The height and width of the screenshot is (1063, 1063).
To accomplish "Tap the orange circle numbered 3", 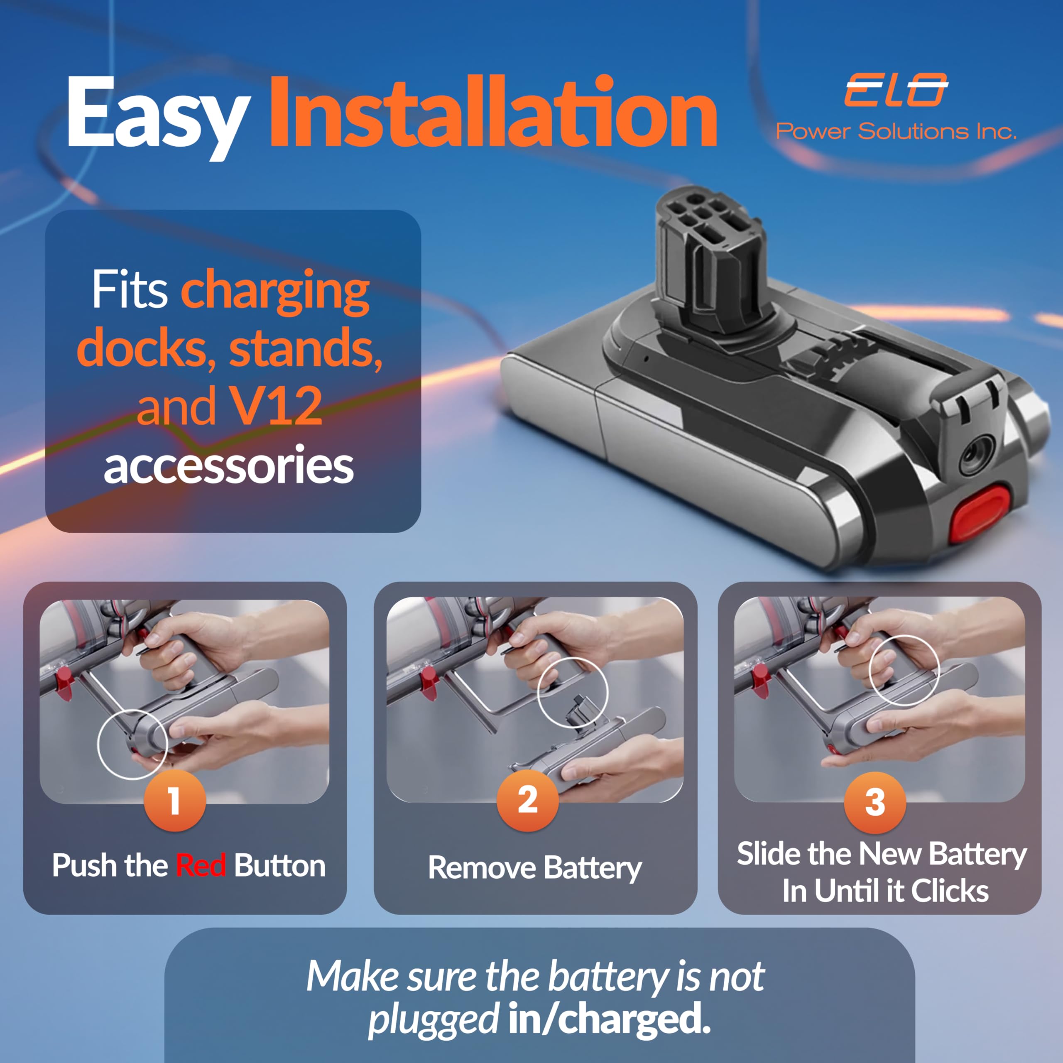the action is (875, 802).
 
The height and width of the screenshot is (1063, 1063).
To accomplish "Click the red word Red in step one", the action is (200, 865).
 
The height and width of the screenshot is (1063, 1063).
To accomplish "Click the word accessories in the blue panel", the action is (228, 465).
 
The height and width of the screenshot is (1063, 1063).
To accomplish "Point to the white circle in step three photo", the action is (904, 670).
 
